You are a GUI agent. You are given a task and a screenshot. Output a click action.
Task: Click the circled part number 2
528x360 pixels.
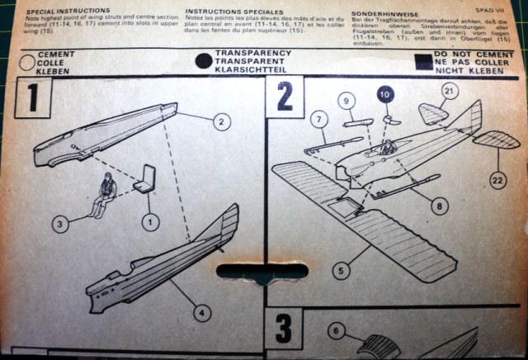pyautogui.click(x=221, y=122)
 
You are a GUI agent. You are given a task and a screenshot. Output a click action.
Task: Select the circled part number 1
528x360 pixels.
pyautogui.click(x=148, y=220)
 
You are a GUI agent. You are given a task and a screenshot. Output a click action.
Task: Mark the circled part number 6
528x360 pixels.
pyautogui.click(x=335, y=332)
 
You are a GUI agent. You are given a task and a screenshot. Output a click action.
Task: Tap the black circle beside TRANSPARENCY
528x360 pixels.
pyautogui.click(x=202, y=61)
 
